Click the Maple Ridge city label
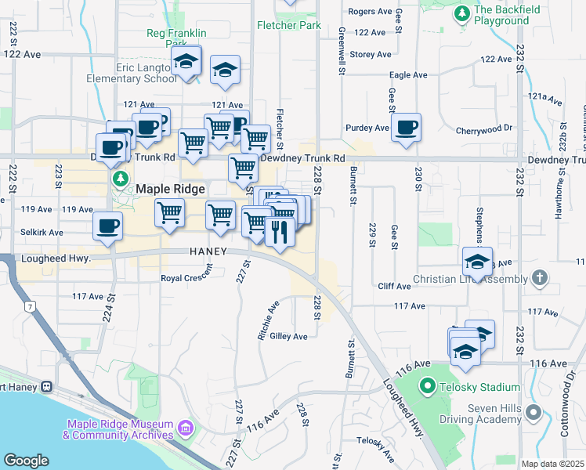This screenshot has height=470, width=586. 170,189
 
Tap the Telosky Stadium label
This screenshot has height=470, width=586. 479,387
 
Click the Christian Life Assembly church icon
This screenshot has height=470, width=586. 538,278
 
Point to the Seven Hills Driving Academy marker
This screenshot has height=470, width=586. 534,411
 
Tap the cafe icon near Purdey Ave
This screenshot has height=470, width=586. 406,128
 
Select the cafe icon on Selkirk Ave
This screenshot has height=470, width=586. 107,226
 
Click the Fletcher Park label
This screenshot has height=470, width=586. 289,25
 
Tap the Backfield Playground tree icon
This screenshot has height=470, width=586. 462,13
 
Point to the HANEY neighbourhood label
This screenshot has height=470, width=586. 208,251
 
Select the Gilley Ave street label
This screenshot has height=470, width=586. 288,336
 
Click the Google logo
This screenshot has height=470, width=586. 26,461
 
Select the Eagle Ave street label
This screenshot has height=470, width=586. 408,75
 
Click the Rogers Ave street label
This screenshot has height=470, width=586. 370,12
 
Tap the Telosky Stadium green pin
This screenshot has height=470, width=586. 427,385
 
